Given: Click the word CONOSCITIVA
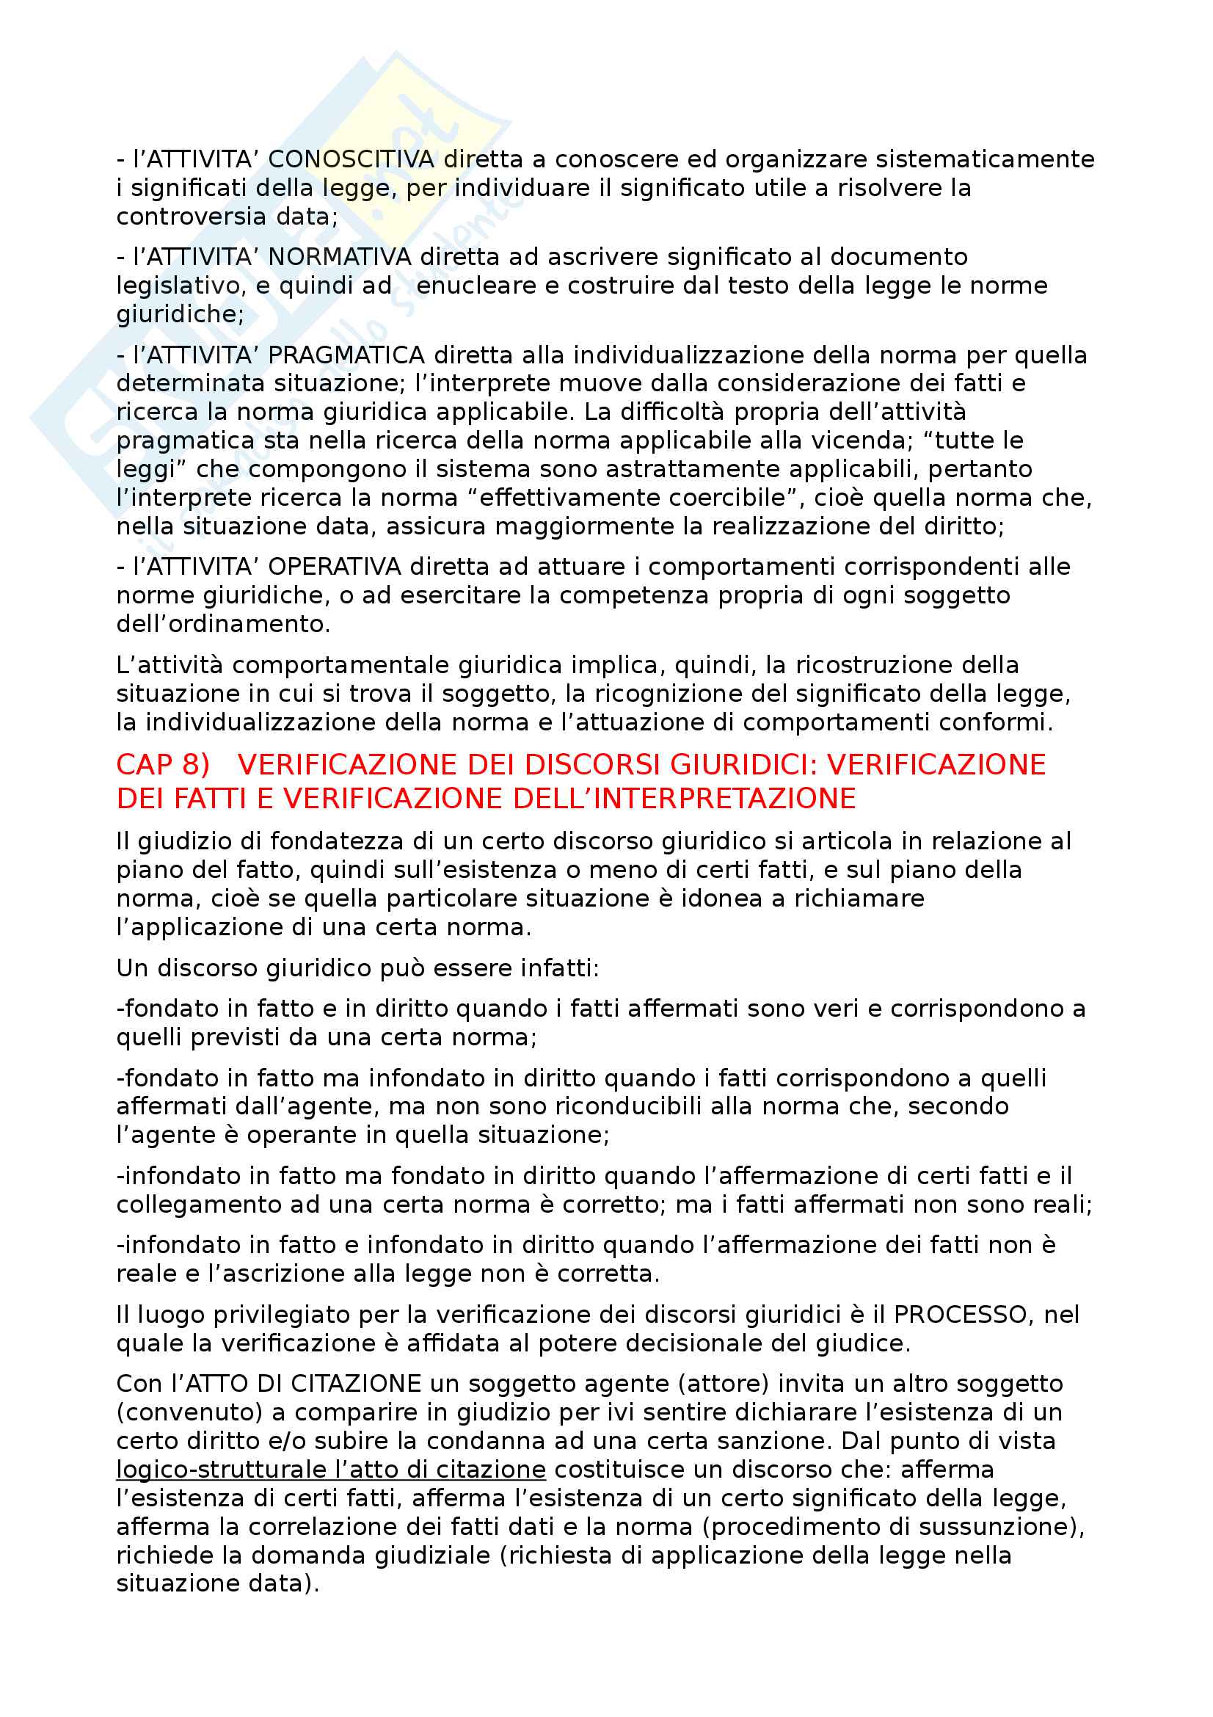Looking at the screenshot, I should [x=351, y=159].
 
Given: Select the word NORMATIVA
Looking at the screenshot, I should [x=339, y=257].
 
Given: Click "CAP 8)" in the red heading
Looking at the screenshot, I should [x=163, y=765].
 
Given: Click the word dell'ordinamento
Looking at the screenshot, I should [x=223, y=625].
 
